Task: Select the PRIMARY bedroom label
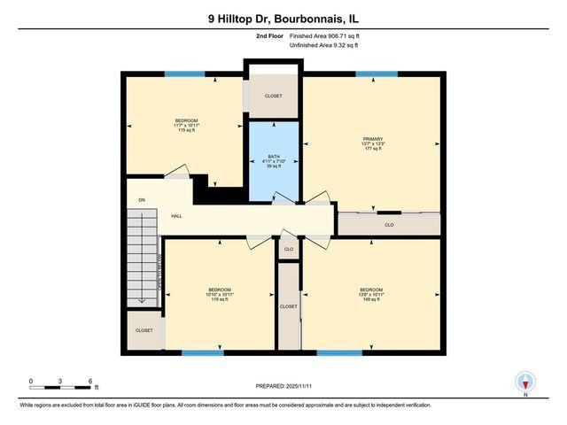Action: click(371, 143)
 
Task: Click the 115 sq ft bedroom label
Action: click(186, 125)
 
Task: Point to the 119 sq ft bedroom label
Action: click(219, 295)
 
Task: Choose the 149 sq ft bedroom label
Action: click(371, 295)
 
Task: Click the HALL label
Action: click(176, 215)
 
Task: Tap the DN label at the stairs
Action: click(141, 199)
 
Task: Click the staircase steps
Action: click(141, 257)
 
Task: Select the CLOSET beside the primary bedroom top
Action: click(274, 97)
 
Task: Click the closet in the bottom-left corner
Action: click(144, 330)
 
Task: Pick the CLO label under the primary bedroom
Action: click(389, 225)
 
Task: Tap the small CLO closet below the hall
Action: click(288, 250)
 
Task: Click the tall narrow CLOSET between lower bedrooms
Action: click(289, 306)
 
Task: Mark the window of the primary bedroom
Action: click(376, 74)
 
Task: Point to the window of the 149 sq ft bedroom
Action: click(339, 352)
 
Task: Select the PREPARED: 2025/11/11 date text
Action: click(283, 387)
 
